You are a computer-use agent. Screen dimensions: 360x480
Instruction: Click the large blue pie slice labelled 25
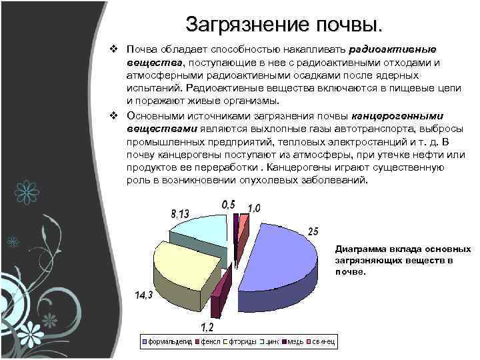[280, 257]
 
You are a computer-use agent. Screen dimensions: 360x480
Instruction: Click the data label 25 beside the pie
[313, 231]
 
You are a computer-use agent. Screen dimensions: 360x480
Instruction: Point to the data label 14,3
[144, 295]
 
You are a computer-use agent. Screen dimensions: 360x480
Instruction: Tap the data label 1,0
[255, 207]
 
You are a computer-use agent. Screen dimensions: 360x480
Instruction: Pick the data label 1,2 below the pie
[208, 327]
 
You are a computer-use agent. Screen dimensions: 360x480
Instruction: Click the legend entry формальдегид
[167, 342]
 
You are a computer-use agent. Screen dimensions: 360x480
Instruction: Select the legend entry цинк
[266, 342]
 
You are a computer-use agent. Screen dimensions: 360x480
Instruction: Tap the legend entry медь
[294, 342]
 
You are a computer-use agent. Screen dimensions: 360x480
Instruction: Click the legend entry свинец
[324, 342]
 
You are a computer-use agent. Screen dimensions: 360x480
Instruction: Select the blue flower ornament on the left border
[27, 190]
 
